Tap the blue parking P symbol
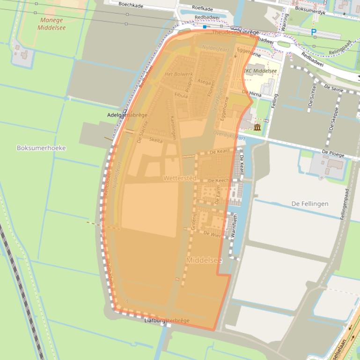point(314,32)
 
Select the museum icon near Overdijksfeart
point(257,128)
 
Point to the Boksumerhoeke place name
point(41,148)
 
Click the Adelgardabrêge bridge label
point(127,115)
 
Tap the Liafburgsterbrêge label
point(167,320)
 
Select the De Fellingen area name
point(309,204)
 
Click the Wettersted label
point(179,179)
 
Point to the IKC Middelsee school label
point(260,71)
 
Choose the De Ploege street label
point(333,154)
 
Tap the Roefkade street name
point(202,8)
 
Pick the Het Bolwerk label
point(179,74)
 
